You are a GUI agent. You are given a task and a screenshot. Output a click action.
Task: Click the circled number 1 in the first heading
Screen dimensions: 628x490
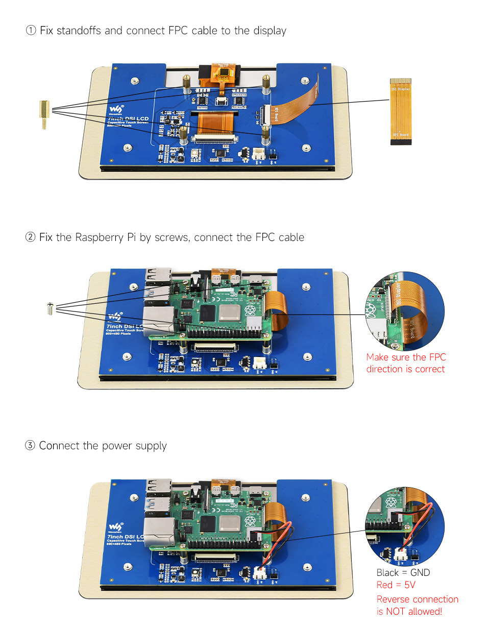click(x=31, y=31)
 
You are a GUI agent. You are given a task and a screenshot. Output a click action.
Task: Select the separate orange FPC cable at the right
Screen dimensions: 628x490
click(x=401, y=111)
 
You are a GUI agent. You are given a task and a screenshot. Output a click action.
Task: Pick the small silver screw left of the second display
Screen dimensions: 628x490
click(x=50, y=308)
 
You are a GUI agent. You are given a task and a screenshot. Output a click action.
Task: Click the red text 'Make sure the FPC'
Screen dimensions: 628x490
click(x=406, y=357)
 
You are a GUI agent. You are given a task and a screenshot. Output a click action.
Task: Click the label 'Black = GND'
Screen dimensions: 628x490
click(x=403, y=572)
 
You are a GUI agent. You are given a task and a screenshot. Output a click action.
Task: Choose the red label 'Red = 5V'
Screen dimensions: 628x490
click(x=396, y=585)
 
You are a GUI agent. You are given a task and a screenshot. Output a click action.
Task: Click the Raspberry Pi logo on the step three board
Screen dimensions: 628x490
click(x=250, y=521)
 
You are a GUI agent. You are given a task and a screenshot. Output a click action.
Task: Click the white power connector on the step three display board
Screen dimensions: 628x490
click(x=260, y=573)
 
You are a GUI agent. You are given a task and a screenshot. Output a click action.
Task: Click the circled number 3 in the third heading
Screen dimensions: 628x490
click(x=31, y=446)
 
